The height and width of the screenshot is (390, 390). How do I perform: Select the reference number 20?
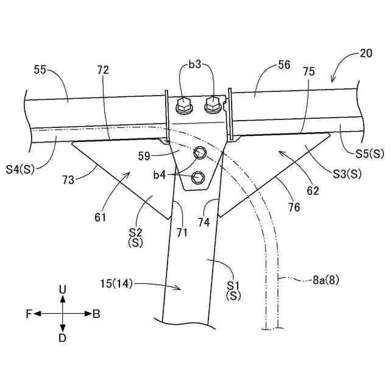click(x=366, y=53)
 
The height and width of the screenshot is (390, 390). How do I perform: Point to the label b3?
click(x=195, y=64)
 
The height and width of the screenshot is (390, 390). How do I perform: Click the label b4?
click(x=159, y=175)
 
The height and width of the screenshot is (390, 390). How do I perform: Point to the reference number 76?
click(x=294, y=207)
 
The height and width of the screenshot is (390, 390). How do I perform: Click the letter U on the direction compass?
click(x=62, y=289)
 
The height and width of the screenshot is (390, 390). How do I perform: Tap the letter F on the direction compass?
click(x=29, y=314)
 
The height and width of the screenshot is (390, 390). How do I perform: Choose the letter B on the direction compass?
click(x=96, y=314)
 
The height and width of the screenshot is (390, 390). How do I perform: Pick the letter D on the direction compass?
click(x=62, y=338)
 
